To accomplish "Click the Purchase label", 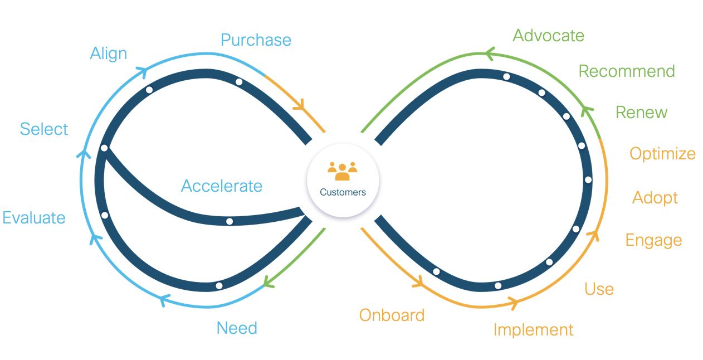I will [256, 40].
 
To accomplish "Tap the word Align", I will [109, 53].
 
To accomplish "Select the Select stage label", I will [44, 129].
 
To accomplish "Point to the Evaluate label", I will [34, 218].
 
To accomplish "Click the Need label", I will [237, 328].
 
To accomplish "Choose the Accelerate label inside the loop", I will [222, 186].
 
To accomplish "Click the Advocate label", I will [548, 36].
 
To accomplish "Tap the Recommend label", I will [627, 71].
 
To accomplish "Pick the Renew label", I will [641, 113].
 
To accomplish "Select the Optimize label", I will [662, 154].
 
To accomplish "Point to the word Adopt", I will [655, 198].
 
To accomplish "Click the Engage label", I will [653, 240].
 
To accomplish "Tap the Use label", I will [599, 289].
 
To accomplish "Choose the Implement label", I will [533, 330].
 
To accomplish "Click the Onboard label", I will [392, 315].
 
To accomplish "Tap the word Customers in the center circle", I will [343, 192].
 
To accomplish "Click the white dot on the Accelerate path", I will [230, 221].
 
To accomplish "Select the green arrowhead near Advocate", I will [489, 53].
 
